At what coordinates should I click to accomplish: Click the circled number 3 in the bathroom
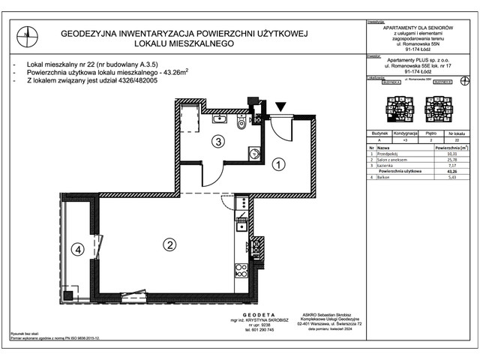click(217, 140)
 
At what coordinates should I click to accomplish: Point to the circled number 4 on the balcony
click(76, 250)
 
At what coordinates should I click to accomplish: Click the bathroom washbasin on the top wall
click(220, 118)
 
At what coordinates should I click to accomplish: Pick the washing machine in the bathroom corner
click(254, 154)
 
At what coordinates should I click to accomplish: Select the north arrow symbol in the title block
click(27, 34)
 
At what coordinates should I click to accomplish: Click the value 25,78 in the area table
click(451, 160)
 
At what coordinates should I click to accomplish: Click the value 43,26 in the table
click(451, 172)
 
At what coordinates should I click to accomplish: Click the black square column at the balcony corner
click(68, 295)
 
